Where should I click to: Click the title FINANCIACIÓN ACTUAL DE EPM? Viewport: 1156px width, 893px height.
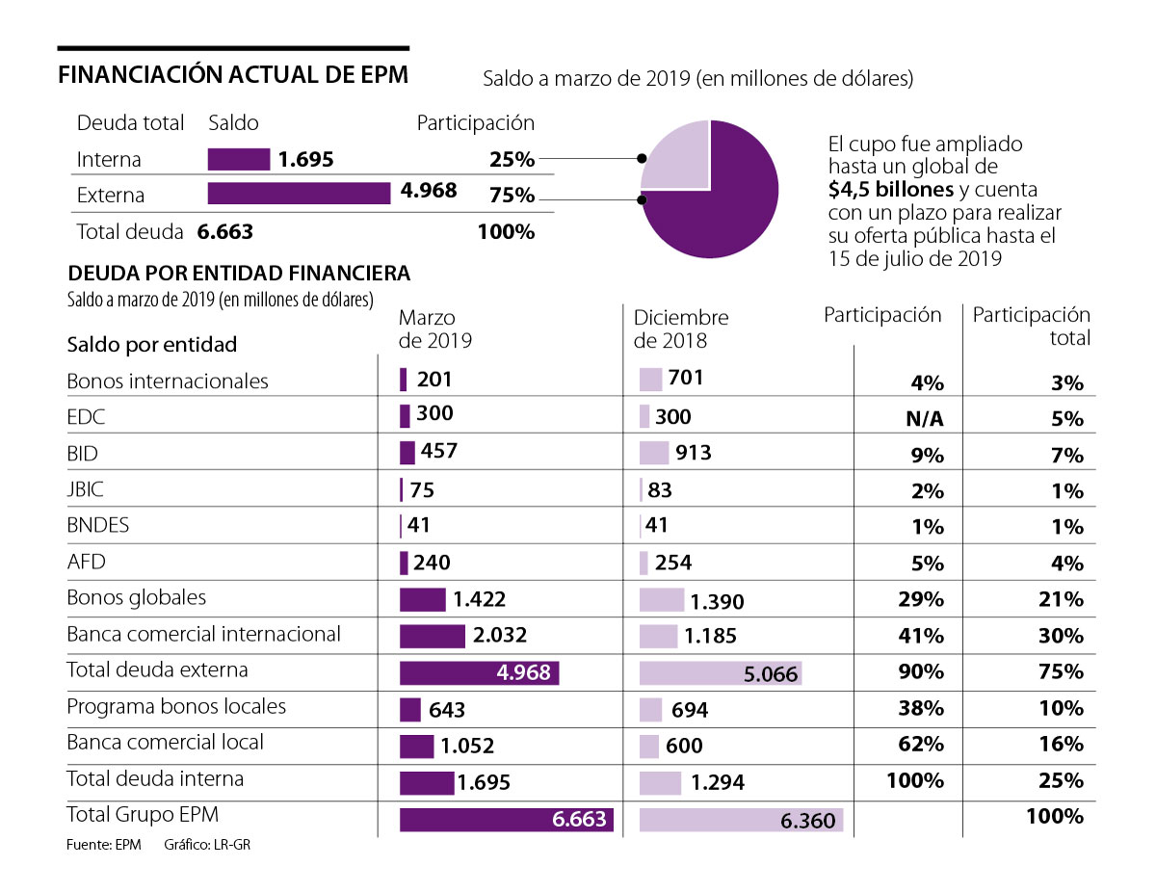coord(233,76)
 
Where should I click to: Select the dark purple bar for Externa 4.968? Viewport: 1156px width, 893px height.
coord(299,194)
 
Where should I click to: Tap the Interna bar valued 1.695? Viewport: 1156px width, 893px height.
coord(238,159)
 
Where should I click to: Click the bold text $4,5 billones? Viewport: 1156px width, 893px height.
coord(891,189)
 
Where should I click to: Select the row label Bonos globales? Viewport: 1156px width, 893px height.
coord(136,597)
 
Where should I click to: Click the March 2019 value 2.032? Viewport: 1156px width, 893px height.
coord(499,636)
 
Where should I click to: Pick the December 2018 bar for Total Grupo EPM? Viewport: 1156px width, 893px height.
coord(741,819)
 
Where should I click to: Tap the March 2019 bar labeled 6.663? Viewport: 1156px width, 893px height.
coord(506,819)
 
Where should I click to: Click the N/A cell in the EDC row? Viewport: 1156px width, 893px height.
coord(926,419)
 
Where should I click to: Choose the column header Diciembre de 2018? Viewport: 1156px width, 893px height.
coord(681,328)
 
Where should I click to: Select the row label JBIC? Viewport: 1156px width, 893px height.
coord(85,489)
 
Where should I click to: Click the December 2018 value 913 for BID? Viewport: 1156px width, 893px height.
coord(694,452)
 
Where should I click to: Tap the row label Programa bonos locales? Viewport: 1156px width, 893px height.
coord(176,706)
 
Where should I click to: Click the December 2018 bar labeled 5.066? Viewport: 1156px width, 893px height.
coord(720,672)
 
